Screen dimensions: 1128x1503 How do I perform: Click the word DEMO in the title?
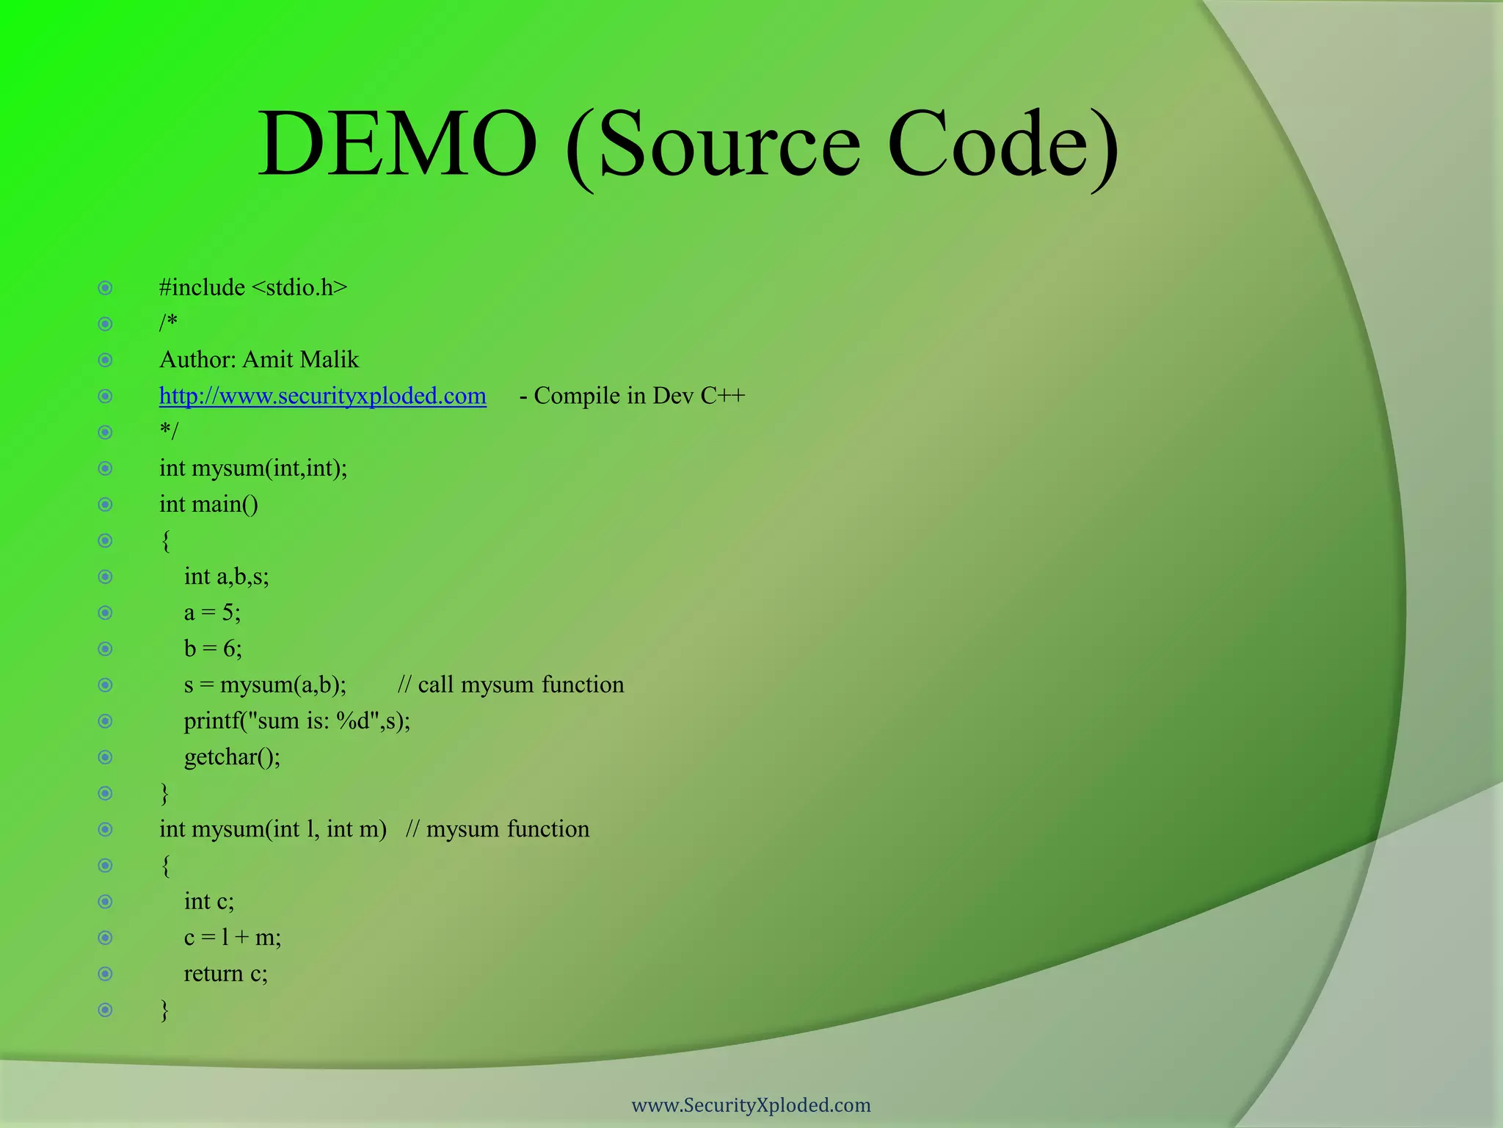397,144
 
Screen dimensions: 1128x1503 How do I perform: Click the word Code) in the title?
1002,144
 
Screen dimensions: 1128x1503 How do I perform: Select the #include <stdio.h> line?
253,287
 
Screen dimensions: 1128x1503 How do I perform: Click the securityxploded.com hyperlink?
322,396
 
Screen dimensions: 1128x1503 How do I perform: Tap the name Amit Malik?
300,360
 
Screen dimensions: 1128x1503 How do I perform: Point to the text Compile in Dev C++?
638,396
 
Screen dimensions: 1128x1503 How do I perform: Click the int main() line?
208,505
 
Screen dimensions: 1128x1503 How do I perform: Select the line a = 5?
212,612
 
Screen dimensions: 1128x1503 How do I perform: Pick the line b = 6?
213,648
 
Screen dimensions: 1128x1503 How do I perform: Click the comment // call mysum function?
511,684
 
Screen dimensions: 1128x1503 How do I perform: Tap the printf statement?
296,720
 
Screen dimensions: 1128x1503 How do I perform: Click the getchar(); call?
232,756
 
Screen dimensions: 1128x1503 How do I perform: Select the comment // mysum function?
498,829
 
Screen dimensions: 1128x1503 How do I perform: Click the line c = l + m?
232,937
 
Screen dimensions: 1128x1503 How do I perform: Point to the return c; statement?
225,973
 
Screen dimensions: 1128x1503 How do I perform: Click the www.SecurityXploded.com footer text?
751,1105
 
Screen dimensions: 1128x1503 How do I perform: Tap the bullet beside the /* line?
106,324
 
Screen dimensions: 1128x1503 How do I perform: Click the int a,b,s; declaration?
226,576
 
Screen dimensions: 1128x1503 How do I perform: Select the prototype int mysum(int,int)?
253,468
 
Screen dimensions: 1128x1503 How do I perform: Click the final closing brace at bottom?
164,1010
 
